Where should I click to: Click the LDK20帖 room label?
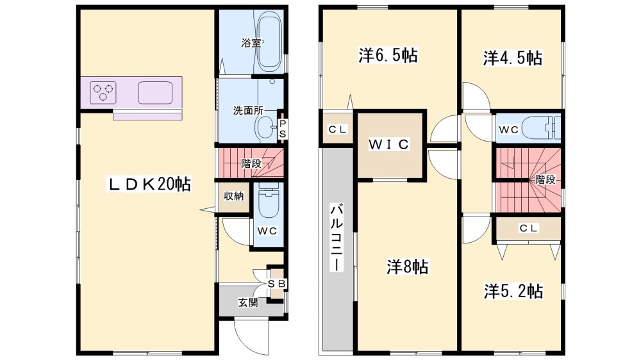[x=149, y=184]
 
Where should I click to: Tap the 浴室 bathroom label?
[x=251, y=42]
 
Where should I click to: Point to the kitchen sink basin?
[x=155, y=93]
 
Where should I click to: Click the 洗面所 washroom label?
[x=248, y=110]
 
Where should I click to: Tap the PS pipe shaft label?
[x=283, y=128]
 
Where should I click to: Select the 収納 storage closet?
[x=234, y=197]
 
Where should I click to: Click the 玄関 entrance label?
[x=248, y=303]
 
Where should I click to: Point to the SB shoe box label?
[x=278, y=283]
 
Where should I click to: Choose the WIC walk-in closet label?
[x=388, y=144]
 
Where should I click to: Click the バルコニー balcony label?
[x=337, y=238]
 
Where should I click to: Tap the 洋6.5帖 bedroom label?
[x=388, y=55]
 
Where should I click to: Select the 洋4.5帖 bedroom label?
[x=513, y=58]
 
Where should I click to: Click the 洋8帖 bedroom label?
[x=408, y=267]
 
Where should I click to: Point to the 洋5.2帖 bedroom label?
[x=513, y=291]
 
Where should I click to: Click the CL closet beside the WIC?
[x=338, y=129]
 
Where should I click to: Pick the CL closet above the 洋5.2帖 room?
[x=529, y=228]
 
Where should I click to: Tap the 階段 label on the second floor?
[x=545, y=179]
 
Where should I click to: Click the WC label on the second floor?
[x=509, y=129]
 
